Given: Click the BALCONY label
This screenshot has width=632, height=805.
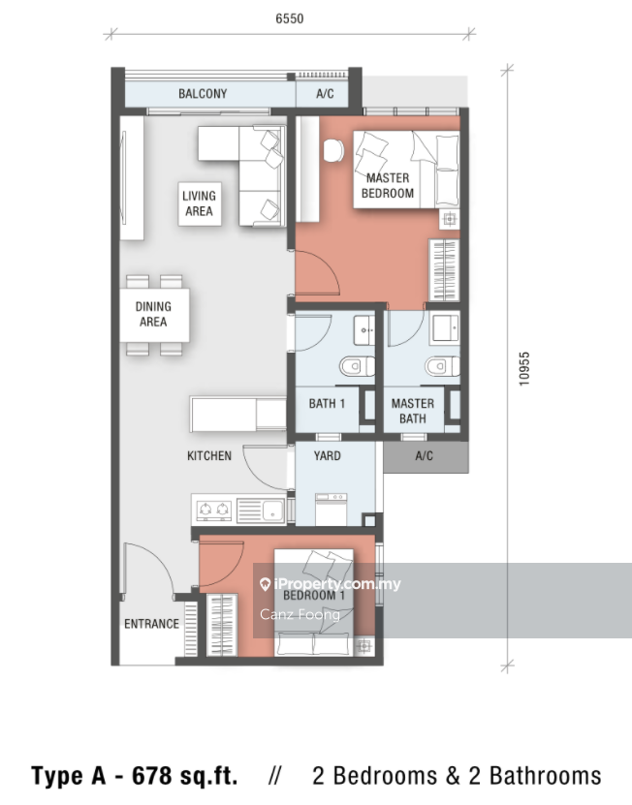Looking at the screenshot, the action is coord(203,93).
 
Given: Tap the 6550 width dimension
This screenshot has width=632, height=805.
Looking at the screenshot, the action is coord(289,18).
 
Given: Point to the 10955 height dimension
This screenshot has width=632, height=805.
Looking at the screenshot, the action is coord(523,369).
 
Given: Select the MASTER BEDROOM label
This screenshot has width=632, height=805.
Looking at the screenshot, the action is coord(388,185).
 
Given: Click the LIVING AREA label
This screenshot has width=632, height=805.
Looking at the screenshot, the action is coord(200,203).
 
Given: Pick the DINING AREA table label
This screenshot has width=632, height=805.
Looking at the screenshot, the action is coord(153,314).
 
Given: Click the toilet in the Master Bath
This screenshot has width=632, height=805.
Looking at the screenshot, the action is coord(442,366).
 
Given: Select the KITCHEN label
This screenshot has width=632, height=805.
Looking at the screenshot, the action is coord(209,455).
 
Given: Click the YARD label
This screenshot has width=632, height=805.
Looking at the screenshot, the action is coord(327,455).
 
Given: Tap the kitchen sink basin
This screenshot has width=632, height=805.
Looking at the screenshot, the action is coord(272,511).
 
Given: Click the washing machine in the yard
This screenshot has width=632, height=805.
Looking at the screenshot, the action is coord(331,510).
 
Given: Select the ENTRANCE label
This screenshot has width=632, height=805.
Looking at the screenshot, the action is coord(151,624).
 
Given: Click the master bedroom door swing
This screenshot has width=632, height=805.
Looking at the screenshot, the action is coord(318,272).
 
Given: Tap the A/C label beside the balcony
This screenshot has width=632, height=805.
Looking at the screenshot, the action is coord(325,93).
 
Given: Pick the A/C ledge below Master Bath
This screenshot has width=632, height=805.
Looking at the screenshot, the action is coord(426,456).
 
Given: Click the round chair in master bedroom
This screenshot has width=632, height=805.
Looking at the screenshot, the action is coord(333,150).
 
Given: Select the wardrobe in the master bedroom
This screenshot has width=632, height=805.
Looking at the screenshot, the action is coord(444,270).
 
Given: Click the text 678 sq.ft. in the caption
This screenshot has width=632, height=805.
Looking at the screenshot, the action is coord(185,776).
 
